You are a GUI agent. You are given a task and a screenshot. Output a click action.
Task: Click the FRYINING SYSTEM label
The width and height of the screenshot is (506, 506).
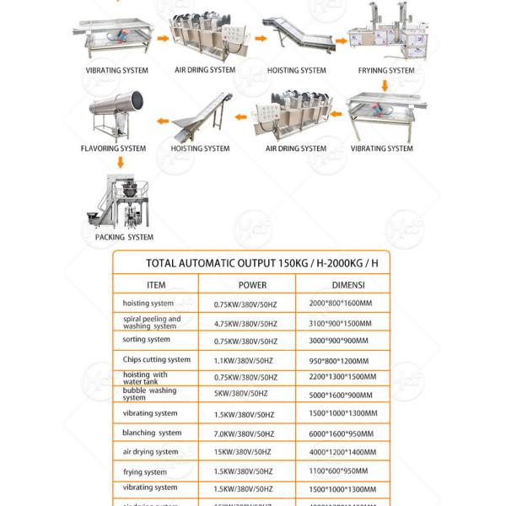point(387,71)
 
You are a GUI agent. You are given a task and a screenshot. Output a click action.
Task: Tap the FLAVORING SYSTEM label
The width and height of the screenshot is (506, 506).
point(113,148)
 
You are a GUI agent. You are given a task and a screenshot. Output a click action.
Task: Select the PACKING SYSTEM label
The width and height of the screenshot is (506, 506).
point(124,238)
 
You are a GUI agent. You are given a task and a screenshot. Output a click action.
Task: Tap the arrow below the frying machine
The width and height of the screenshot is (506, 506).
point(385,85)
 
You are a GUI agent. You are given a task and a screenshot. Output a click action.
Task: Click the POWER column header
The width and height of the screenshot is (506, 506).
point(252,285)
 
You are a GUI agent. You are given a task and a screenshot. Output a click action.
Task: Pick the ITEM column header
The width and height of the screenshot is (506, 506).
point(156,285)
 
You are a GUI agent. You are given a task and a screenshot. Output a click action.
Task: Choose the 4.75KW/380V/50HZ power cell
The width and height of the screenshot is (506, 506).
point(245,323)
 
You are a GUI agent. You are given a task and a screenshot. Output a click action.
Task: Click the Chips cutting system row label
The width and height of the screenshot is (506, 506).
point(156,359)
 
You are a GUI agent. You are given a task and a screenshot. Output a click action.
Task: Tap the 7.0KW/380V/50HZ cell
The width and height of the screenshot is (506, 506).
point(244,433)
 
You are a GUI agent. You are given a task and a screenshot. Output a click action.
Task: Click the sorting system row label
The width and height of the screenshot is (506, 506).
point(147,340)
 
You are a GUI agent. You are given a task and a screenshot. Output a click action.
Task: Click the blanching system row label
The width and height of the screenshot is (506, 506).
point(152,433)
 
